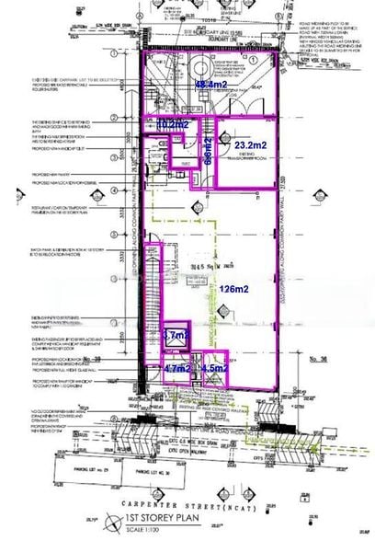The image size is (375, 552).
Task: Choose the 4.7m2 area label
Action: click(176, 369)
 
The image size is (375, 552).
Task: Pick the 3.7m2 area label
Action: click(174, 337)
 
